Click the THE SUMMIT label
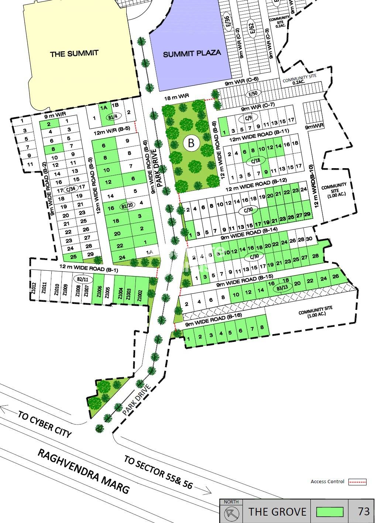point(74,53)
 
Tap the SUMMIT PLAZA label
point(192,53)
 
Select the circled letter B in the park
point(191,143)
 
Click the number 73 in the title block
point(363,511)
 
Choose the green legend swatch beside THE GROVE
point(330,512)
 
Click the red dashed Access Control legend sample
point(357,482)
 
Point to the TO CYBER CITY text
point(44,424)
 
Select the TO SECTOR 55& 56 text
point(158,472)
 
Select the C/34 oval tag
point(69,189)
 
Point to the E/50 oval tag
point(253,94)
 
